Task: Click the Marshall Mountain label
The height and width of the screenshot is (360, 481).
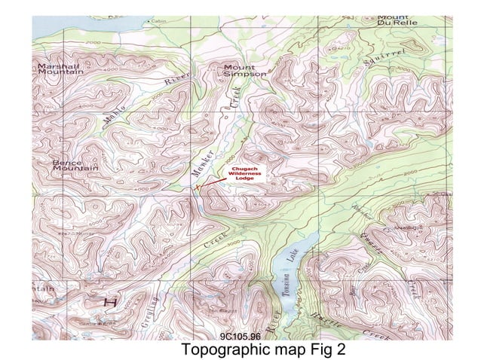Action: click(60, 69)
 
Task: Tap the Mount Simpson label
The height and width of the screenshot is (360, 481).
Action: click(244, 70)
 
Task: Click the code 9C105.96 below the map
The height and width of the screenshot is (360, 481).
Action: click(240, 336)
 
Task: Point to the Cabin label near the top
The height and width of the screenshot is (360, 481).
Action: click(158, 21)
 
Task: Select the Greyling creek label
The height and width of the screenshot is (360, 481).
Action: click(148, 313)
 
